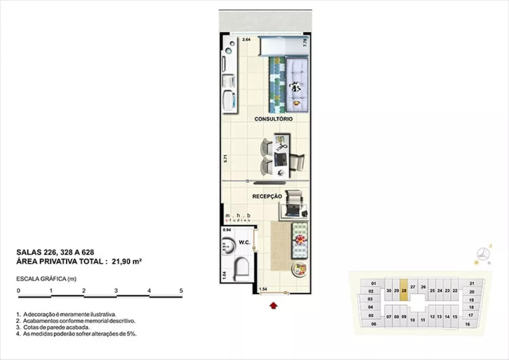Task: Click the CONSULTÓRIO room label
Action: (273, 119)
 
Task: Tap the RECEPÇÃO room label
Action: (267, 196)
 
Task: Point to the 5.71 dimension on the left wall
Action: (225, 158)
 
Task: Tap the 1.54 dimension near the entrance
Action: (263, 289)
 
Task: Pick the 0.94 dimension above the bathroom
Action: (227, 230)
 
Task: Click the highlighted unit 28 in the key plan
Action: (404, 291)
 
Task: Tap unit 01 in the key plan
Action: (373, 283)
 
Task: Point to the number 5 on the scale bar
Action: (181, 291)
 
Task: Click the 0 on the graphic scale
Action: (18, 291)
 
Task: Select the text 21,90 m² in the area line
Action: (126, 261)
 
